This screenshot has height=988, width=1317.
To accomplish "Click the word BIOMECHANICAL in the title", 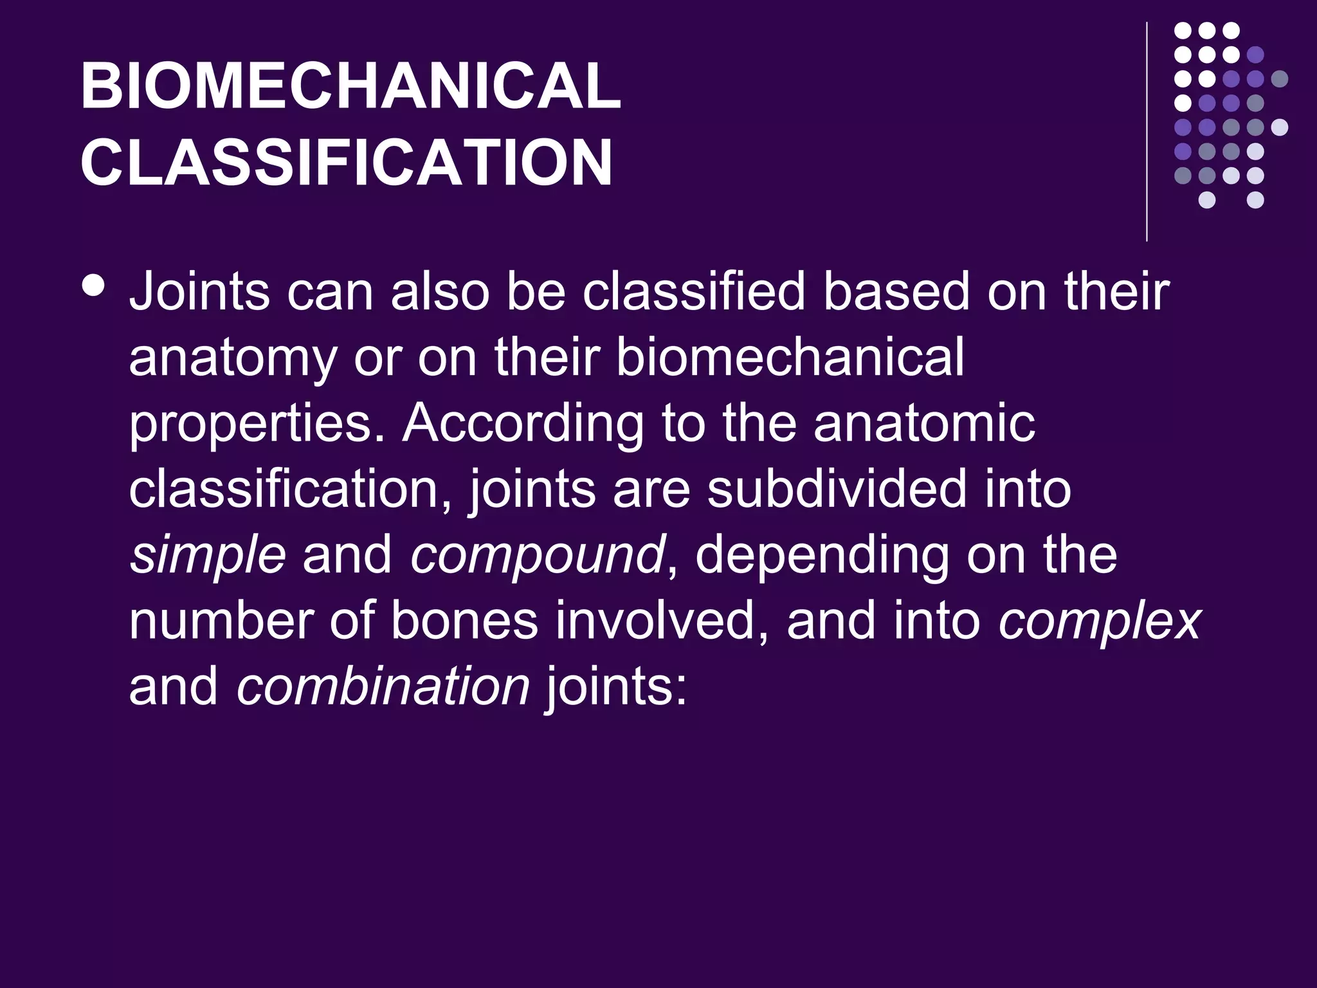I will tap(350, 87).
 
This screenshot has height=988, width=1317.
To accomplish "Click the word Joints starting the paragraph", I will tap(199, 293).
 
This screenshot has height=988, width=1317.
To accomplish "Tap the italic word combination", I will tap(383, 687).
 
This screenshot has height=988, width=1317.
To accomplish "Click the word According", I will tap(523, 425).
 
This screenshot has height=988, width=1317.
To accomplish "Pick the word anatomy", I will tap(233, 359).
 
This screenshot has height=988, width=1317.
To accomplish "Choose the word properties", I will tap(257, 425).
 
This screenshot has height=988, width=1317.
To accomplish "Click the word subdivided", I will tap(837, 489).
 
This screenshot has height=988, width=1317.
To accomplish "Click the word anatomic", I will tap(925, 425).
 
